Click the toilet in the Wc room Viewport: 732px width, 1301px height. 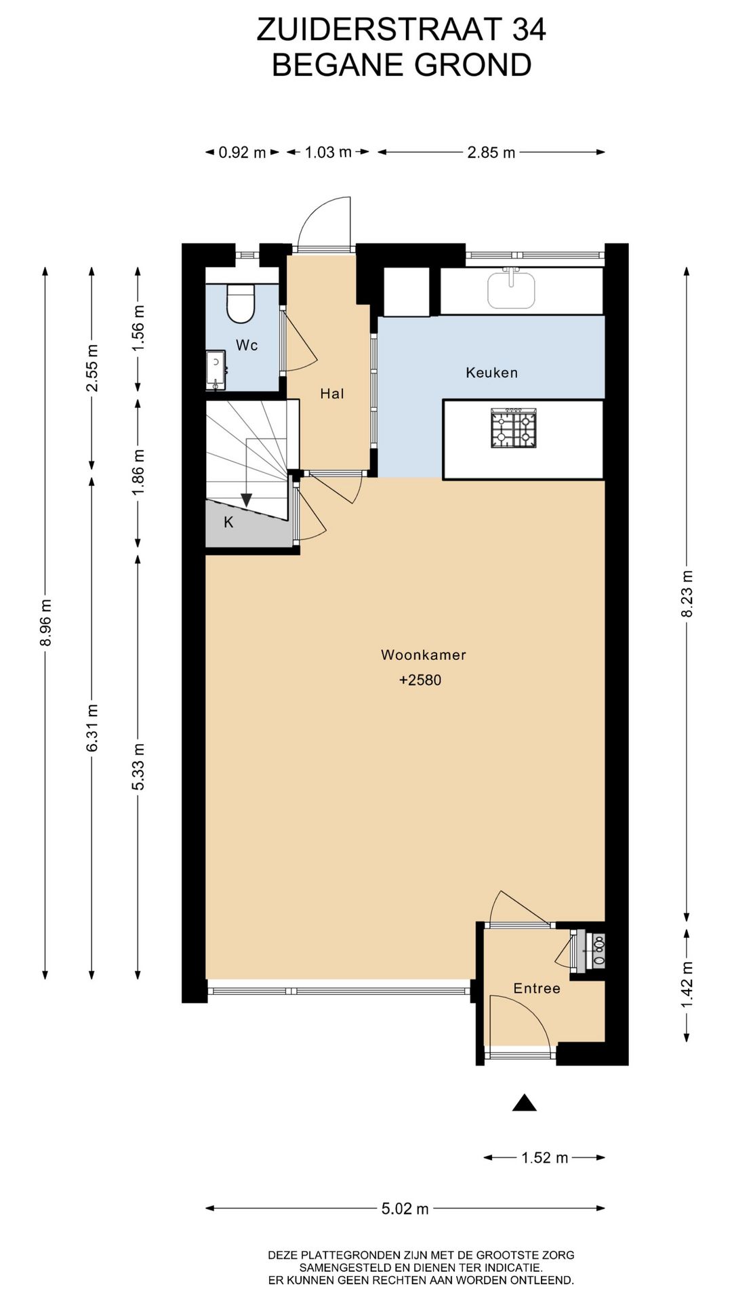pyautogui.click(x=241, y=303)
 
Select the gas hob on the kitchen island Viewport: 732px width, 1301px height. pyautogui.click(x=514, y=428)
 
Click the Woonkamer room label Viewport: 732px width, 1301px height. pyautogui.click(x=424, y=655)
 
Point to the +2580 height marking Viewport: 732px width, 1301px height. pyautogui.click(x=420, y=680)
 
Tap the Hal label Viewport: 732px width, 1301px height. pyautogui.click(x=332, y=394)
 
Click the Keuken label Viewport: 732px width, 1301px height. pyautogui.click(x=491, y=373)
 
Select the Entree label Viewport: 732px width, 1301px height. pyautogui.click(x=537, y=989)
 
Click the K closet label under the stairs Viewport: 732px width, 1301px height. pyautogui.click(x=229, y=522)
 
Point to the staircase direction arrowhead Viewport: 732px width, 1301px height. pyautogui.click(x=247, y=500)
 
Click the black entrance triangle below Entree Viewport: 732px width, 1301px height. pyautogui.click(x=525, y=1103)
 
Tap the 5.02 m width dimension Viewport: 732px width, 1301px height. pyautogui.click(x=405, y=1209)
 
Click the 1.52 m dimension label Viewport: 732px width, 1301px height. pyautogui.click(x=545, y=1157)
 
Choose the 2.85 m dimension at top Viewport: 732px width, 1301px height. pyautogui.click(x=491, y=152)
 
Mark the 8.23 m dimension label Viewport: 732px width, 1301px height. pyautogui.click(x=687, y=594)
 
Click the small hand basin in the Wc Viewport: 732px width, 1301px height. pyautogui.click(x=216, y=370)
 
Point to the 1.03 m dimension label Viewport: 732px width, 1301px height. pyautogui.click(x=329, y=152)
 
